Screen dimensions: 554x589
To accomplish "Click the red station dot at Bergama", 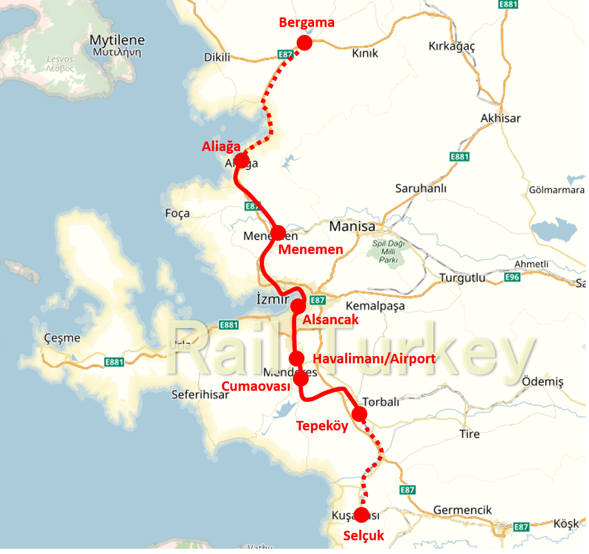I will (x=305, y=43).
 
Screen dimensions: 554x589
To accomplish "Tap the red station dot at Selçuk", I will (x=362, y=514).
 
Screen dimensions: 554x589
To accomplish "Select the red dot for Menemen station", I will (x=278, y=232).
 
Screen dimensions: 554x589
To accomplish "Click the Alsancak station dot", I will (x=298, y=305).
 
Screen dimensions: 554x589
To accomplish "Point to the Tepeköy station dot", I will (x=359, y=414).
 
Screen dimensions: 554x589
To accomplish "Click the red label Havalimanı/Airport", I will (x=374, y=359).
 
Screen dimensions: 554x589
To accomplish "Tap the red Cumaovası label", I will (x=256, y=386).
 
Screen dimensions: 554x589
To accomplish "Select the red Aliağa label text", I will (x=221, y=147).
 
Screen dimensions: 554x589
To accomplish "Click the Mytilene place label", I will (x=117, y=40).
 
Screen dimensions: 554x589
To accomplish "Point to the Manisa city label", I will (x=352, y=227).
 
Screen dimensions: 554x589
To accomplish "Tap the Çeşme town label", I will (x=62, y=338).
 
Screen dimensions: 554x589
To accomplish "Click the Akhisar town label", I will (x=500, y=118).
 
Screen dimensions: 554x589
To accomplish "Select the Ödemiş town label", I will (x=542, y=381).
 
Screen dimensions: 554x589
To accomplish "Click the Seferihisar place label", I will (x=200, y=394).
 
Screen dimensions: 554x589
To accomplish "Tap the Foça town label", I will (x=177, y=213).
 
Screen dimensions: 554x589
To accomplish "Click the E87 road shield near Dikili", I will (x=285, y=54).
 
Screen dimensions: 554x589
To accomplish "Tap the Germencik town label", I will (x=462, y=510).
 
